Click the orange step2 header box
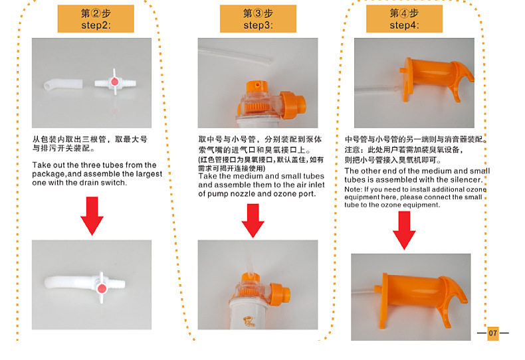96,19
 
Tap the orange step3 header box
258,19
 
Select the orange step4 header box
404,19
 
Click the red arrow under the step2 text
92,216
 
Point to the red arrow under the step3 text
253,221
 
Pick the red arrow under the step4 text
404,230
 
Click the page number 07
493,333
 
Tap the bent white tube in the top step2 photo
63,84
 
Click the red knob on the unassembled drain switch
114,82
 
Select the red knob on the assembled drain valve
102,288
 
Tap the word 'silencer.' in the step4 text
467,179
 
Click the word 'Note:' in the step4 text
354,189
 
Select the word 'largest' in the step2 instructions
149,174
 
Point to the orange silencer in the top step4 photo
436,79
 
